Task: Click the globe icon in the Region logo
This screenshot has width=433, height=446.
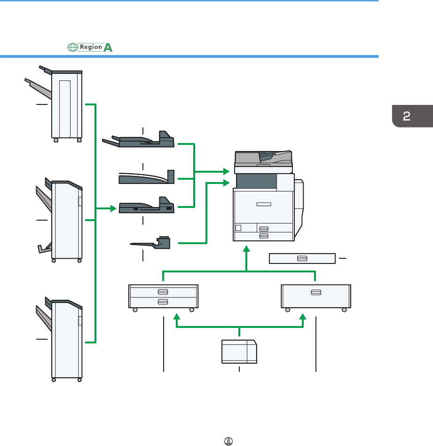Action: click(x=72, y=48)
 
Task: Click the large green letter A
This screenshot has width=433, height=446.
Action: click(x=108, y=47)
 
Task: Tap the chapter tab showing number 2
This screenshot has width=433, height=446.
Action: click(x=407, y=116)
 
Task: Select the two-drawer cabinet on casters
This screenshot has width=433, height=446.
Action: click(x=163, y=296)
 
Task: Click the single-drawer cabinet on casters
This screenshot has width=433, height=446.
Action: click(x=315, y=296)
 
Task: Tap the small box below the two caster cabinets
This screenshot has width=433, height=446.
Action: click(x=239, y=351)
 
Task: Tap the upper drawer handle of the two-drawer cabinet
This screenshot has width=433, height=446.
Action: click(x=163, y=291)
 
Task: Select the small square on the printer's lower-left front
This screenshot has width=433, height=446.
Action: click(x=238, y=228)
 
